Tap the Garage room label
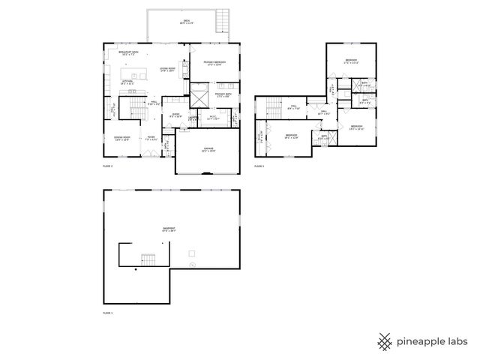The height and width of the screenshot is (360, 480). (208, 149)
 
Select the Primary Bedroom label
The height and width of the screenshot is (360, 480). (214, 63)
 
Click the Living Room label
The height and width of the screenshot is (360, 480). (166, 70)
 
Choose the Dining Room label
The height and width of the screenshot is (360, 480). (122, 138)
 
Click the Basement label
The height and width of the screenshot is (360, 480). (169, 229)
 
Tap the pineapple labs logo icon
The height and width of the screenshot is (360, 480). (385, 340)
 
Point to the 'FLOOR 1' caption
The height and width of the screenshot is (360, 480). (107, 311)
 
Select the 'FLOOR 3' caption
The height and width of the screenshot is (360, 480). (259, 165)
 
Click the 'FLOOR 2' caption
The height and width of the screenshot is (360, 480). (107, 165)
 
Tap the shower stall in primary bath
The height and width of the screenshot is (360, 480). (199, 97)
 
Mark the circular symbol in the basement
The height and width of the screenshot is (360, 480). (193, 265)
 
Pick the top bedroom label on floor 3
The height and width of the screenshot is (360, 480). (351, 61)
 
